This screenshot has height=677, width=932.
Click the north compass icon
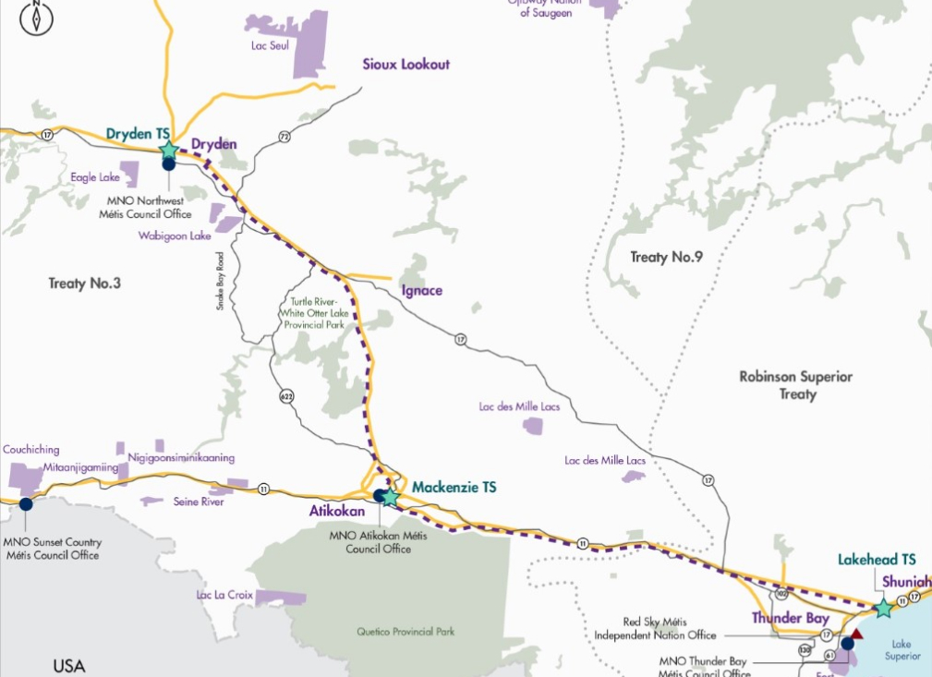pos(36,17)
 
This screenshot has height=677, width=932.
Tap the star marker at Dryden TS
pos(168,150)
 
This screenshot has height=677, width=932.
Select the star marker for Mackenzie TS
pos(391,497)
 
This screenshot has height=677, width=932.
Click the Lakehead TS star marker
pos(883,608)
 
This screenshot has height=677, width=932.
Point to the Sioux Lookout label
pos(405,65)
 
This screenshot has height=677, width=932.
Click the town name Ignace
pos(421,291)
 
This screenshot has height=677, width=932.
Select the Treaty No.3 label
pos(84,284)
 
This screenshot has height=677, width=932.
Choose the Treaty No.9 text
pos(666,257)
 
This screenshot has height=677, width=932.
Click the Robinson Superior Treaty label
pos(795,385)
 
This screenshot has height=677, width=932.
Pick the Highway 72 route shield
pos(284,137)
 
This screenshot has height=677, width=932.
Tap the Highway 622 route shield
pos(287,395)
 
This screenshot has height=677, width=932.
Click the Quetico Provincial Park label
pos(405,633)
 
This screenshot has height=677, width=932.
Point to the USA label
pos(68,666)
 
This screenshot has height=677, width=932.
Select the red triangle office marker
pos(855,635)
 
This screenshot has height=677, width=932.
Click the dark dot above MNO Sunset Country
pos(25,504)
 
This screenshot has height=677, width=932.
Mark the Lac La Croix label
pos(224,595)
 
